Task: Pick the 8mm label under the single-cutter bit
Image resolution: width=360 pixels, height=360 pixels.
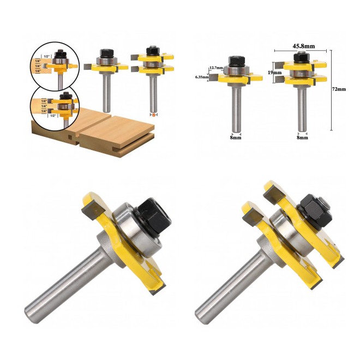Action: pyautogui.click(x=235, y=137)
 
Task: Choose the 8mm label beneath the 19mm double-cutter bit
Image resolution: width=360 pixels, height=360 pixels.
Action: pyautogui.click(x=302, y=137)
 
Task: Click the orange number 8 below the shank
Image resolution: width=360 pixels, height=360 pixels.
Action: pyautogui.click(x=153, y=116)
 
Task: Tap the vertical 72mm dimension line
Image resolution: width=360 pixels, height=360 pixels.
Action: pyautogui.click(x=332, y=90)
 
